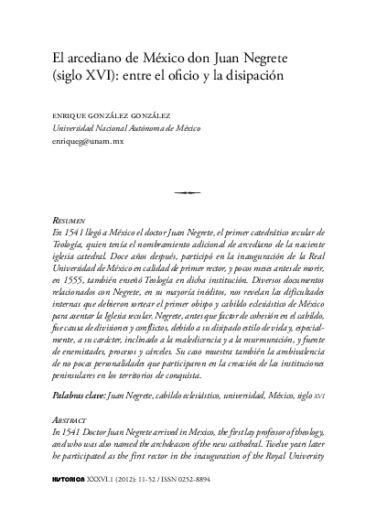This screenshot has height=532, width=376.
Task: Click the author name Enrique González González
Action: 109,117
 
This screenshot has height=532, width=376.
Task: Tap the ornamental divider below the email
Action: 188,192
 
